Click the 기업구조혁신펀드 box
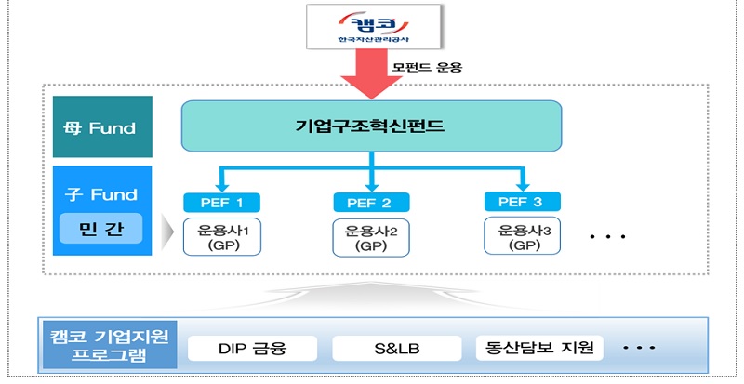(x=371, y=126)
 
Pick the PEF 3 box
(x=522, y=202)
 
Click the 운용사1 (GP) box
(x=222, y=236)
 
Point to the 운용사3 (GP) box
(x=522, y=237)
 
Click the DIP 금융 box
(x=251, y=350)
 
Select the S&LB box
(x=394, y=350)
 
